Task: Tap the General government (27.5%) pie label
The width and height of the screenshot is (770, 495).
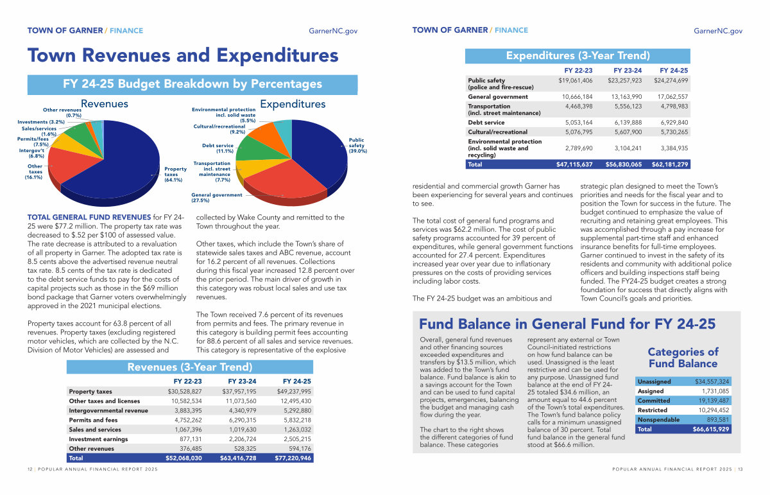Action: coord(217,197)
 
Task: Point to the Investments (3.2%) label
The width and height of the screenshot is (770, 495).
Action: coord(41,121)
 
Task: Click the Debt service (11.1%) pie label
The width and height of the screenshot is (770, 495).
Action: coord(218,148)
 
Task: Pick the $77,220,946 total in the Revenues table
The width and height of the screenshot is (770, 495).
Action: coord(293,458)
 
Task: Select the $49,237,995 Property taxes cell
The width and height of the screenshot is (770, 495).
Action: coord(293,391)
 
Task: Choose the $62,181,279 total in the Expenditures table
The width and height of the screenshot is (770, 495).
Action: coord(670,164)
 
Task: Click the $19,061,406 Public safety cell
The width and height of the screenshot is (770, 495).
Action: coord(575,80)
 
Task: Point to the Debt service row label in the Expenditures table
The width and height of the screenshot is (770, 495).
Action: coord(486,122)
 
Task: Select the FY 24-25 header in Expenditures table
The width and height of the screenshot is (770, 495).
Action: coord(674,70)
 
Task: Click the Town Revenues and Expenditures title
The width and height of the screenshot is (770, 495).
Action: coord(183,55)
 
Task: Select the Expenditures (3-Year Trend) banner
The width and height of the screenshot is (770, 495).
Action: coord(578,56)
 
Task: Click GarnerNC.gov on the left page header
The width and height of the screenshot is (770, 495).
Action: coord(333,31)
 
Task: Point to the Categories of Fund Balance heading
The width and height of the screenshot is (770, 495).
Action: coord(683,358)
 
